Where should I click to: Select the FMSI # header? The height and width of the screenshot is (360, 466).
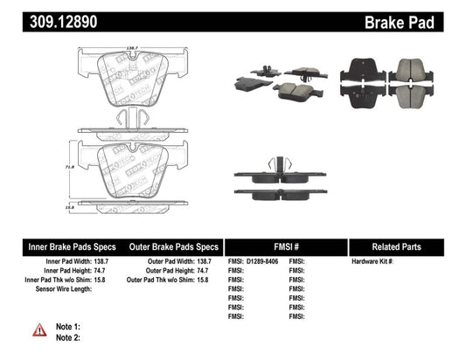click(x=285, y=246)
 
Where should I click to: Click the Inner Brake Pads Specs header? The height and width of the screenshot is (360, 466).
click(x=63, y=246)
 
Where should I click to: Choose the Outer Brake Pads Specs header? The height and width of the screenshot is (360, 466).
click(x=173, y=246)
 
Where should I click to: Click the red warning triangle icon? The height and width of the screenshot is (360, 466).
click(x=40, y=329)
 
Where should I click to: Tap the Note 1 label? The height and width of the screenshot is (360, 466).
click(x=67, y=325)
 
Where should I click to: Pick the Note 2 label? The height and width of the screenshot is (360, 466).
click(x=67, y=336)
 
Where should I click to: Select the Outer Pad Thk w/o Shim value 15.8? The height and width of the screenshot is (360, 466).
click(x=213, y=279)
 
